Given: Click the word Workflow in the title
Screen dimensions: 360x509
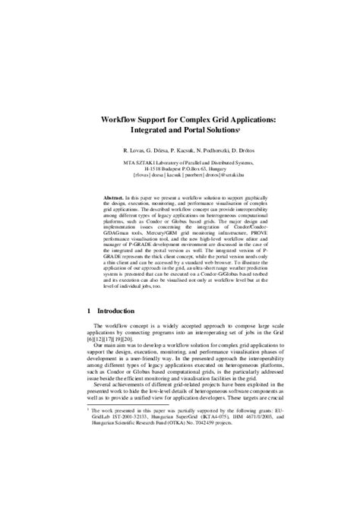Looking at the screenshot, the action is click(x=124, y=120).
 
